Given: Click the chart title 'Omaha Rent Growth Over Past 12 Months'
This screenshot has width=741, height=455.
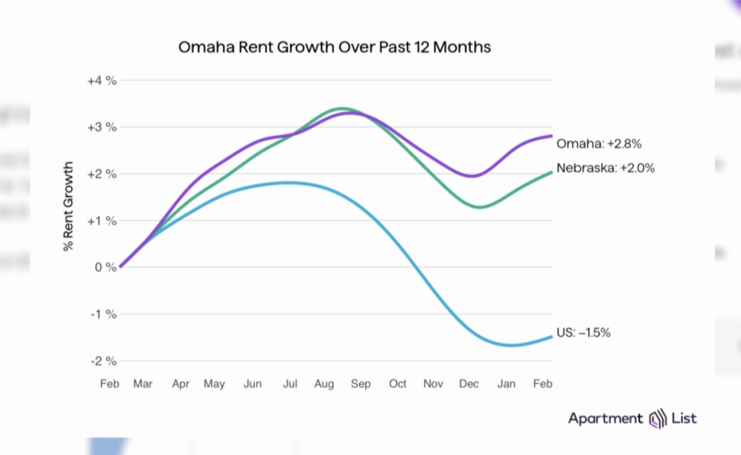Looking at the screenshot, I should pyautogui.click(x=334, y=47).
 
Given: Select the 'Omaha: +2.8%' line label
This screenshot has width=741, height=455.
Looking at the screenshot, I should pyautogui.click(x=599, y=143).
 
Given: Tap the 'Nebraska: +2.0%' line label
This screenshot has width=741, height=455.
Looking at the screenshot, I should pyautogui.click(x=605, y=168).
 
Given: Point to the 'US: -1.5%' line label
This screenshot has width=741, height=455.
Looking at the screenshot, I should pyautogui.click(x=583, y=332).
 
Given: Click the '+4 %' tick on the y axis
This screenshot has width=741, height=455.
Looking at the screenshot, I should pyautogui.click(x=101, y=81).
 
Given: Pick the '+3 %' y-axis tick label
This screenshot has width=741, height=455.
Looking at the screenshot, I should pyautogui.click(x=101, y=127).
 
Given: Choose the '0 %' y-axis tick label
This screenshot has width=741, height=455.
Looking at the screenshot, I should pyautogui.click(x=105, y=267).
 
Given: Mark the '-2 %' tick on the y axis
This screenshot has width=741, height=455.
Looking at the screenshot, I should pyautogui.click(x=103, y=361).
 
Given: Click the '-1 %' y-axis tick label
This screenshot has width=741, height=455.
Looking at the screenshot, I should pyautogui.click(x=103, y=314).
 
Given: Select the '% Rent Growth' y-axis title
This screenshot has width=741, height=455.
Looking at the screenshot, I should pyautogui.click(x=69, y=207).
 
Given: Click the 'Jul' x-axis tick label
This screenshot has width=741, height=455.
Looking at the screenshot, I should pyautogui.click(x=290, y=384).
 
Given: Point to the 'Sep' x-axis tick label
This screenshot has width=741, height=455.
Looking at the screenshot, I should pyautogui.click(x=361, y=384).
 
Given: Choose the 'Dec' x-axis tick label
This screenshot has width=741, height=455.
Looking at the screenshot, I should pyautogui.click(x=470, y=384).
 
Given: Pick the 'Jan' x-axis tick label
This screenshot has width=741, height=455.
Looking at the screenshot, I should pyautogui.click(x=507, y=384).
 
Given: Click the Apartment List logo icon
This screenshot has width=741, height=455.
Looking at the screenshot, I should pyautogui.click(x=658, y=419).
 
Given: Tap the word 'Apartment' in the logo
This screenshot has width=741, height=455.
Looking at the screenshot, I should pyautogui.click(x=605, y=418).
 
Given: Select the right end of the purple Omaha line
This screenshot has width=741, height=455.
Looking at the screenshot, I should pyautogui.click(x=551, y=135).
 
